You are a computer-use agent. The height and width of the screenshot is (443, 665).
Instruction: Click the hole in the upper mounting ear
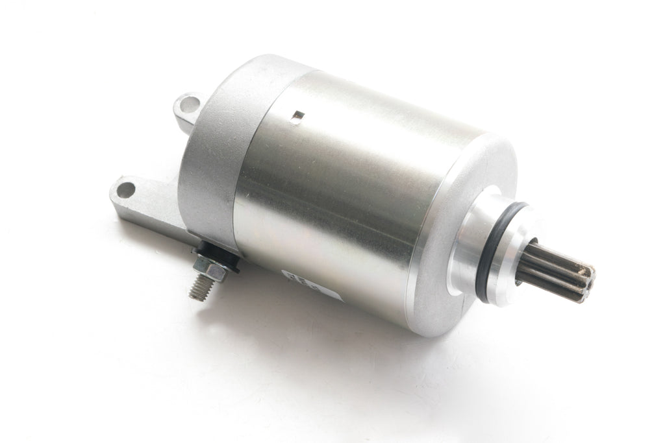tap(188, 102)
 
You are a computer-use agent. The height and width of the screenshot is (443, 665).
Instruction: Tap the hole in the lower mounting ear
tap(126, 190)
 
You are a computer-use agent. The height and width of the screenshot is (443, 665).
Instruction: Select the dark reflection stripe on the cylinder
tap(338, 195)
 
